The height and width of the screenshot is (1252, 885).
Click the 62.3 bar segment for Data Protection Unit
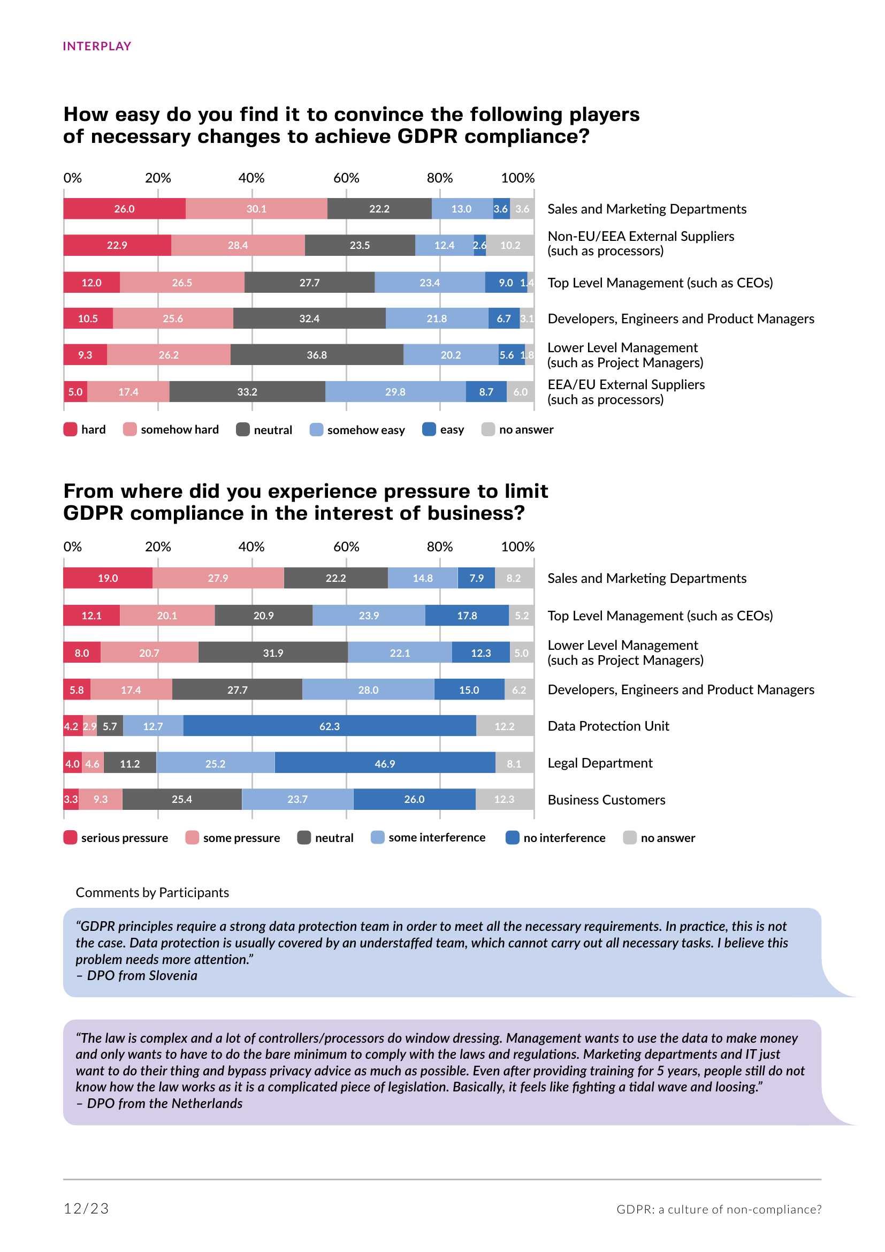pos(329,726)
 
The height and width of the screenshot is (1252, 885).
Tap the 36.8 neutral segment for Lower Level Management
pos(317,355)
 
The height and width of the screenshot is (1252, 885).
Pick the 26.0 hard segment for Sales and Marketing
pos(124,209)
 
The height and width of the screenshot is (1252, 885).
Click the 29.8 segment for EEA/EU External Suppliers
pos(395,391)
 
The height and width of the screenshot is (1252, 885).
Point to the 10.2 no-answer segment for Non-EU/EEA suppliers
pos(510,245)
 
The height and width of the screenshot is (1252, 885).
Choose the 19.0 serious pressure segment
pos(108,578)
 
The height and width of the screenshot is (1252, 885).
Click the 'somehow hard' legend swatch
pos(129,429)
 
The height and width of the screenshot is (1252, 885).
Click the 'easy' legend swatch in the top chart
pos(429,429)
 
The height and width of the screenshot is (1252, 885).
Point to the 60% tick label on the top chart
pos(346,178)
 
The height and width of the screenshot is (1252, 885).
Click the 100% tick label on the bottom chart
pos(517,547)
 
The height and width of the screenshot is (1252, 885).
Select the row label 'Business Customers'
pos(606,800)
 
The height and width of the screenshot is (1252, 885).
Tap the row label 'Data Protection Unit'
pos(608,726)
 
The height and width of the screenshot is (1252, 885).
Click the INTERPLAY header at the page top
pos(97,47)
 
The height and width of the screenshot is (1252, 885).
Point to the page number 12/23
pos(86,1209)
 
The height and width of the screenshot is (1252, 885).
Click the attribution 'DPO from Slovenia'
pos(142,976)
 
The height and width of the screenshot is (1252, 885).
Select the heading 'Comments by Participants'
pos(152,893)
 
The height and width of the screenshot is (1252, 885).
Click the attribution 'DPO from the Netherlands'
pos(164,1103)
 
